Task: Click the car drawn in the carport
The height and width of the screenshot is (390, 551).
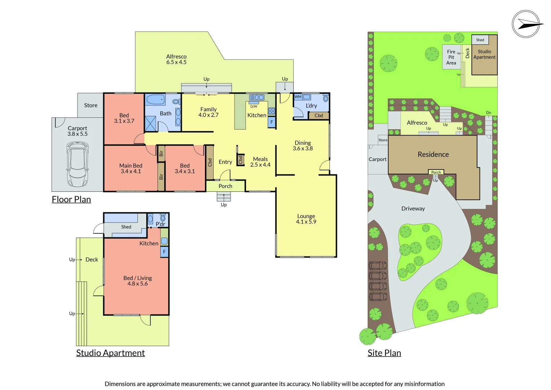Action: point(77,164)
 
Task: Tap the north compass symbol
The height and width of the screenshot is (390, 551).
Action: point(526,24)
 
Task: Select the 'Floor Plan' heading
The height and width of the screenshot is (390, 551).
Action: point(71,199)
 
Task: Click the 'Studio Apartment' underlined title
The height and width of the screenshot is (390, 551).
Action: point(110,353)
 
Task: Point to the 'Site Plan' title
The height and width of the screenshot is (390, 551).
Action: point(384,353)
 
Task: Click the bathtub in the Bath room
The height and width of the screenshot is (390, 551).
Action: point(156,99)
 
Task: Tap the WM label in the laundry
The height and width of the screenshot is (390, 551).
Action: point(298,97)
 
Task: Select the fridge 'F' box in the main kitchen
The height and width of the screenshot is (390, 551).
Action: point(272,122)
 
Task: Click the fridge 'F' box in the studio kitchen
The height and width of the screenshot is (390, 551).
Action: point(165,252)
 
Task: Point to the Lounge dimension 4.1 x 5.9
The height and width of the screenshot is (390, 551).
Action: point(306,222)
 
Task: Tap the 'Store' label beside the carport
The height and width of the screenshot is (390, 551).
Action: point(91,105)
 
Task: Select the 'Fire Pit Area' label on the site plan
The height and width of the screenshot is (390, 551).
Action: point(451,57)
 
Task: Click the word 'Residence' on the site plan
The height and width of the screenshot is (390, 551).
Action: point(433,154)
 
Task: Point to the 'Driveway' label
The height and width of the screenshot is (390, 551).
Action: point(413,208)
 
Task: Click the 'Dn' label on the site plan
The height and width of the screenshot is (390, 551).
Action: point(489,113)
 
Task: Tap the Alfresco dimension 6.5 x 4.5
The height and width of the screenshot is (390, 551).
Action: point(176,62)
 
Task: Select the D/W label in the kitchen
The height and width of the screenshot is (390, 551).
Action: point(254,107)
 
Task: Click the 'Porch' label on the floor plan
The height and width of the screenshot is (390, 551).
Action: point(225,186)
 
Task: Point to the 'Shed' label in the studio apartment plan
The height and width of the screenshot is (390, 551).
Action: point(126,227)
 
